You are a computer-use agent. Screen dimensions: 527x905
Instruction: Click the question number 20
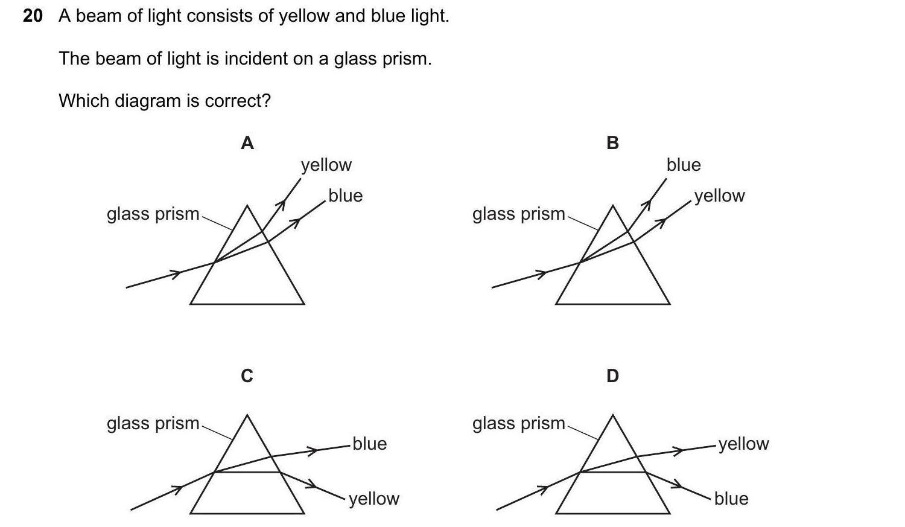(x=33, y=16)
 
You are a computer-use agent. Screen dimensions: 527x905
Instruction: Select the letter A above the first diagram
(x=247, y=143)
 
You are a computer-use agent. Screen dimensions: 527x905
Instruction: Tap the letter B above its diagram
(x=612, y=143)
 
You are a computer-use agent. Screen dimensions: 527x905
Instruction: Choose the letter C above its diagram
(x=247, y=376)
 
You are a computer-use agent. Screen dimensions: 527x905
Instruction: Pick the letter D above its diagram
(x=612, y=376)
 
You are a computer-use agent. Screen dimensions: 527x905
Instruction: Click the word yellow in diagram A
(x=326, y=165)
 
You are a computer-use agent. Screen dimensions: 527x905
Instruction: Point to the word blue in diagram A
(x=346, y=196)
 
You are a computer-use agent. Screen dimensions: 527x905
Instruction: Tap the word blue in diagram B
(x=684, y=165)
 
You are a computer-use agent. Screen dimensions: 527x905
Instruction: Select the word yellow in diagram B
(x=720, y=196)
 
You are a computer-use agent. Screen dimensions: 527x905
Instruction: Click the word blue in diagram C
(x=370, y=444)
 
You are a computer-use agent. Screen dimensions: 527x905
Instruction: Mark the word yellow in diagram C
(x=374, y=499)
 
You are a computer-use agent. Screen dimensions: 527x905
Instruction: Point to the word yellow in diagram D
(x=744, y=444)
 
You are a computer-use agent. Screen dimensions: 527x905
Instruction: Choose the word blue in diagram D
(x=731, y=499)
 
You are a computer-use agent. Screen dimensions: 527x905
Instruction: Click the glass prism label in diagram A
(x=153, y=214)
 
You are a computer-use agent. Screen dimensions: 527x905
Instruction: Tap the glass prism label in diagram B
(x=519, y=214)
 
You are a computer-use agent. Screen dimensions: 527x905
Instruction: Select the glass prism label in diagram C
(x=153, y=424)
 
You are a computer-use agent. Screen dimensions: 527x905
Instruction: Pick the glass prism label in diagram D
(x=519, y=424)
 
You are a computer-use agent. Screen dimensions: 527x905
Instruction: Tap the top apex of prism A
(x=247, y=206)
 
